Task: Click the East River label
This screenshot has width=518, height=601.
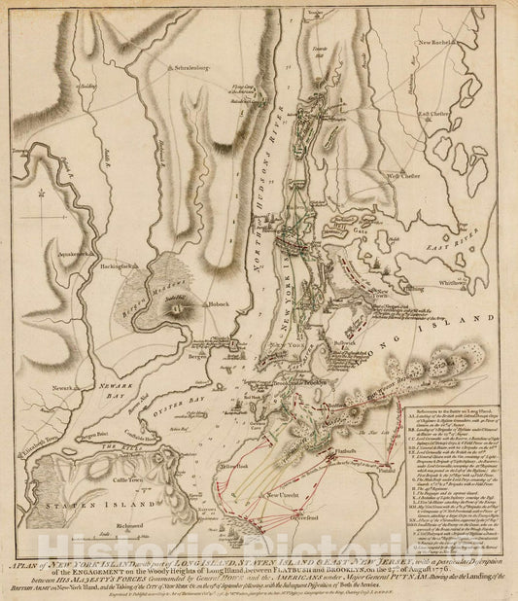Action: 463,237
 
